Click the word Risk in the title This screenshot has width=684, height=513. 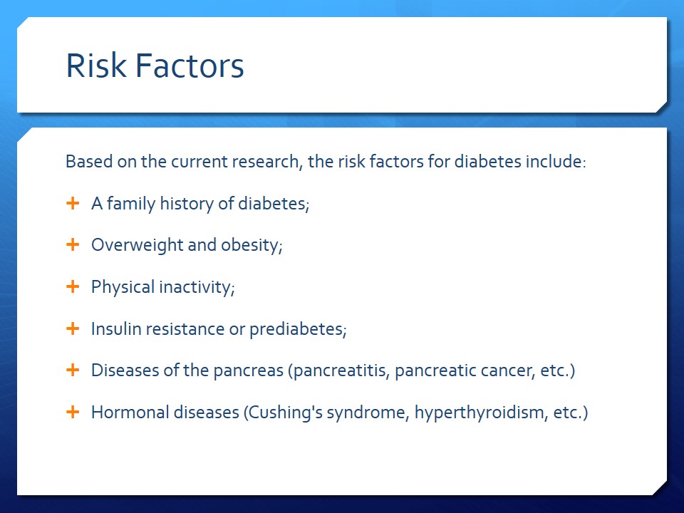(x=96, y=66)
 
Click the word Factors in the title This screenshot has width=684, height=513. (x=190, y=66)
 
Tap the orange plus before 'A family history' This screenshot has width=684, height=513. (x=73, y=203)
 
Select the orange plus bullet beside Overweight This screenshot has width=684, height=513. (x=73, y=244)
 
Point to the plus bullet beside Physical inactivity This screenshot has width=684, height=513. (x=73, y=286)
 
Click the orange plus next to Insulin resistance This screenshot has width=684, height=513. (x=73, y=328)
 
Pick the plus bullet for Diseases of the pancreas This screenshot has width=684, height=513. (x=73, y=370)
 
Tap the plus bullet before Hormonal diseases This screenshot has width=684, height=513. (x=73, y=412)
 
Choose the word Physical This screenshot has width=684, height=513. (x=123, y=287)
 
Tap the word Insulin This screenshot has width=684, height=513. (x=116, y=329)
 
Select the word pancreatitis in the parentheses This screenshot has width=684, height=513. (x=341, y=371)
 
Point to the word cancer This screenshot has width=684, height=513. (x=507, y=371)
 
